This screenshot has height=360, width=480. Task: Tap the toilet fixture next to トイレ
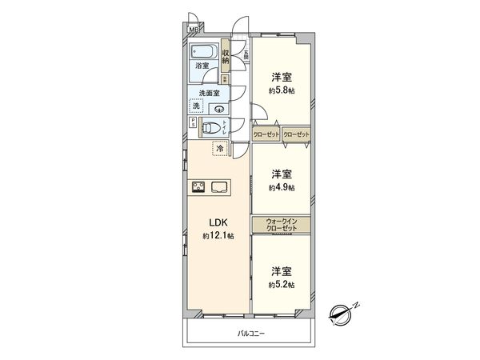tap(210, 126)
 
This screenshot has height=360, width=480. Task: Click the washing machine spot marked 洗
tap(197, 106)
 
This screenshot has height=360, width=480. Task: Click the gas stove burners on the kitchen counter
tap(199, 188)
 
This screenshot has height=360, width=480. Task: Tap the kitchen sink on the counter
tap(219, 188)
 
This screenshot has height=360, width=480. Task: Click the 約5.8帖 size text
tap(280, 90)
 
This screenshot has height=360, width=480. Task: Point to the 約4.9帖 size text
tap(280, 187)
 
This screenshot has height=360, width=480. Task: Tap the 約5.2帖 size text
tap(280, 285)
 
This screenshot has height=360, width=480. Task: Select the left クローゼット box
tap(266, 134)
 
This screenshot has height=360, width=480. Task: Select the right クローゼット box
tap(295, 134)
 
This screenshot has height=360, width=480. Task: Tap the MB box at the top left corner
tap(193, 30)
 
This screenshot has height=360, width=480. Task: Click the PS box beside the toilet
tap(192, 123)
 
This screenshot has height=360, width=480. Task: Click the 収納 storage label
tap(226, 56)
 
